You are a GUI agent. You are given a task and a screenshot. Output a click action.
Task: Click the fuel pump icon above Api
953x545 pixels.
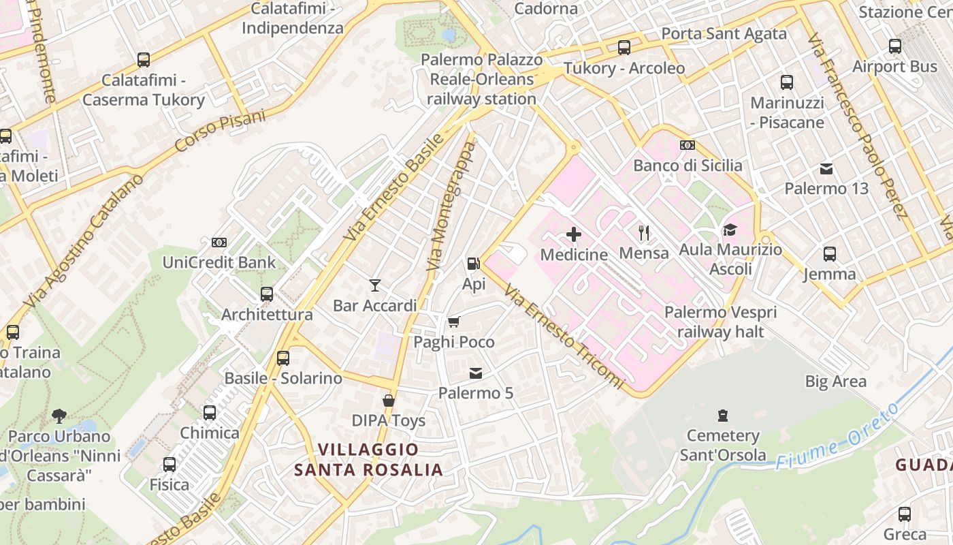473,263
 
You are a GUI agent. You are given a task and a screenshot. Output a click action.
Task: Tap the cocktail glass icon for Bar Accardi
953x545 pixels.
375,285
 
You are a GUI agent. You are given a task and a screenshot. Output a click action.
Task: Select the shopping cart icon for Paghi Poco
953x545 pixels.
453,322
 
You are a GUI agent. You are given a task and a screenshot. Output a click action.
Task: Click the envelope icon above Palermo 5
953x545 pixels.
475,373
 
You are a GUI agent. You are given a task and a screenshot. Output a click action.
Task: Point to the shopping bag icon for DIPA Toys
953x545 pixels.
388,400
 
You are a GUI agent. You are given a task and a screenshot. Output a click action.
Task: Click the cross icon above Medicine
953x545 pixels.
574,234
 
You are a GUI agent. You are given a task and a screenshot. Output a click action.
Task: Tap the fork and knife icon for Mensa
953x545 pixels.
644,233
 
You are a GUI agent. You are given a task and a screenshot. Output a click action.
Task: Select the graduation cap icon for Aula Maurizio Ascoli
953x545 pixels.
730,230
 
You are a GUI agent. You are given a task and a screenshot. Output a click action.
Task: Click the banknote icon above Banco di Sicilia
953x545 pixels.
688,145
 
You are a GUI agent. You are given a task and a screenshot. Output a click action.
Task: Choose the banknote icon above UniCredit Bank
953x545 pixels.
219,242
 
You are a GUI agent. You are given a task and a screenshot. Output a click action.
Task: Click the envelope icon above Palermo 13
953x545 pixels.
826,168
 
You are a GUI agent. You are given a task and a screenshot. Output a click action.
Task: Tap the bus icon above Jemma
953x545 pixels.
829,254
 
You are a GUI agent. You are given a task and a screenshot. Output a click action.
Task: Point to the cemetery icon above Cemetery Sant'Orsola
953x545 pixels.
723,415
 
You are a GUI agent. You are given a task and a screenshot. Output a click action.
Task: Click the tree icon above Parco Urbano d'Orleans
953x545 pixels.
59,416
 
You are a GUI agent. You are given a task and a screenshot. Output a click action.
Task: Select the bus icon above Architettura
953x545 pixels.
267,294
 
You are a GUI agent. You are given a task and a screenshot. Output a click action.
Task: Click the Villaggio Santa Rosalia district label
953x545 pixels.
368,460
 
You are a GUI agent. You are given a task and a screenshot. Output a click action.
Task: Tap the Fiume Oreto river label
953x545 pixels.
837,436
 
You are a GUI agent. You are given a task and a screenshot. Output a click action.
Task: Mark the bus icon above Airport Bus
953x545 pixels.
895,46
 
